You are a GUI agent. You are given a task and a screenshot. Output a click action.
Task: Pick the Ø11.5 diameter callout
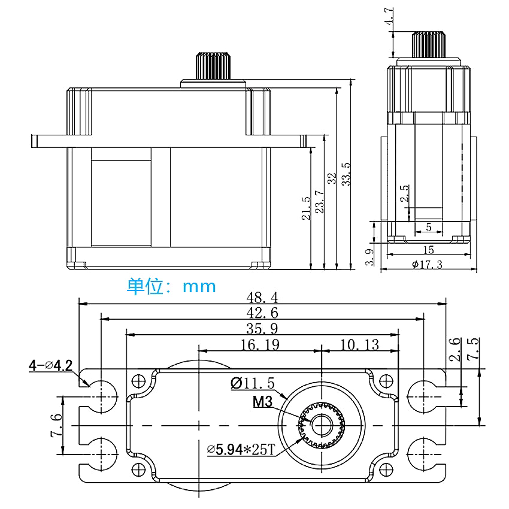[251, 383]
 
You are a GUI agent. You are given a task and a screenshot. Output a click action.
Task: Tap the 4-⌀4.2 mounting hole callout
[50, 365]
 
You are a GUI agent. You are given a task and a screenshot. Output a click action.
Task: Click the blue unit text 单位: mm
[171, 286]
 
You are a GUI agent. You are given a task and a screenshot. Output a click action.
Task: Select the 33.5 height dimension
[346, 174]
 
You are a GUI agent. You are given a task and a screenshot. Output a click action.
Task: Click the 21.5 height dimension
[307, 208]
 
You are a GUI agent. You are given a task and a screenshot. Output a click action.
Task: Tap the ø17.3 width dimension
[428, 265]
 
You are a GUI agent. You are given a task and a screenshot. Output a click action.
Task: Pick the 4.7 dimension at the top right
[390, 16]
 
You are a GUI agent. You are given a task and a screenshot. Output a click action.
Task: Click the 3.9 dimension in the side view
[369, 257]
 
